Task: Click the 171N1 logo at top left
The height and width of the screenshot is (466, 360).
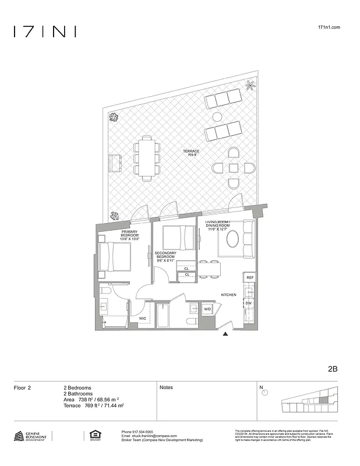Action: click(44, 31)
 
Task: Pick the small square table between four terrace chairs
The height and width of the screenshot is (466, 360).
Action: click(234, 168)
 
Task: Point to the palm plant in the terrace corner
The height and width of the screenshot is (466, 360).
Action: click(250, 86)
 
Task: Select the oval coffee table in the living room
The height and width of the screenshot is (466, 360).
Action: click(231, 239)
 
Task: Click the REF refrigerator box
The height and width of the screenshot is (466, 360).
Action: click(249, 278)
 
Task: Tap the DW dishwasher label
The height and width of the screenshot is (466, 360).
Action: click(249, 303)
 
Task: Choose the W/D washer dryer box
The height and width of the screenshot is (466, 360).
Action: click(207, 309)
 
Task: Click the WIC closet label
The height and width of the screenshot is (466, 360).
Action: click(143, 319)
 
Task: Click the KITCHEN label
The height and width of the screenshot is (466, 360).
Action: click(228, 295)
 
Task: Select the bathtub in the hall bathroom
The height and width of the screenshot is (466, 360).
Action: click(164, 316)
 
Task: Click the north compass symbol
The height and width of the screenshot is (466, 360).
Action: click(265, 393)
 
